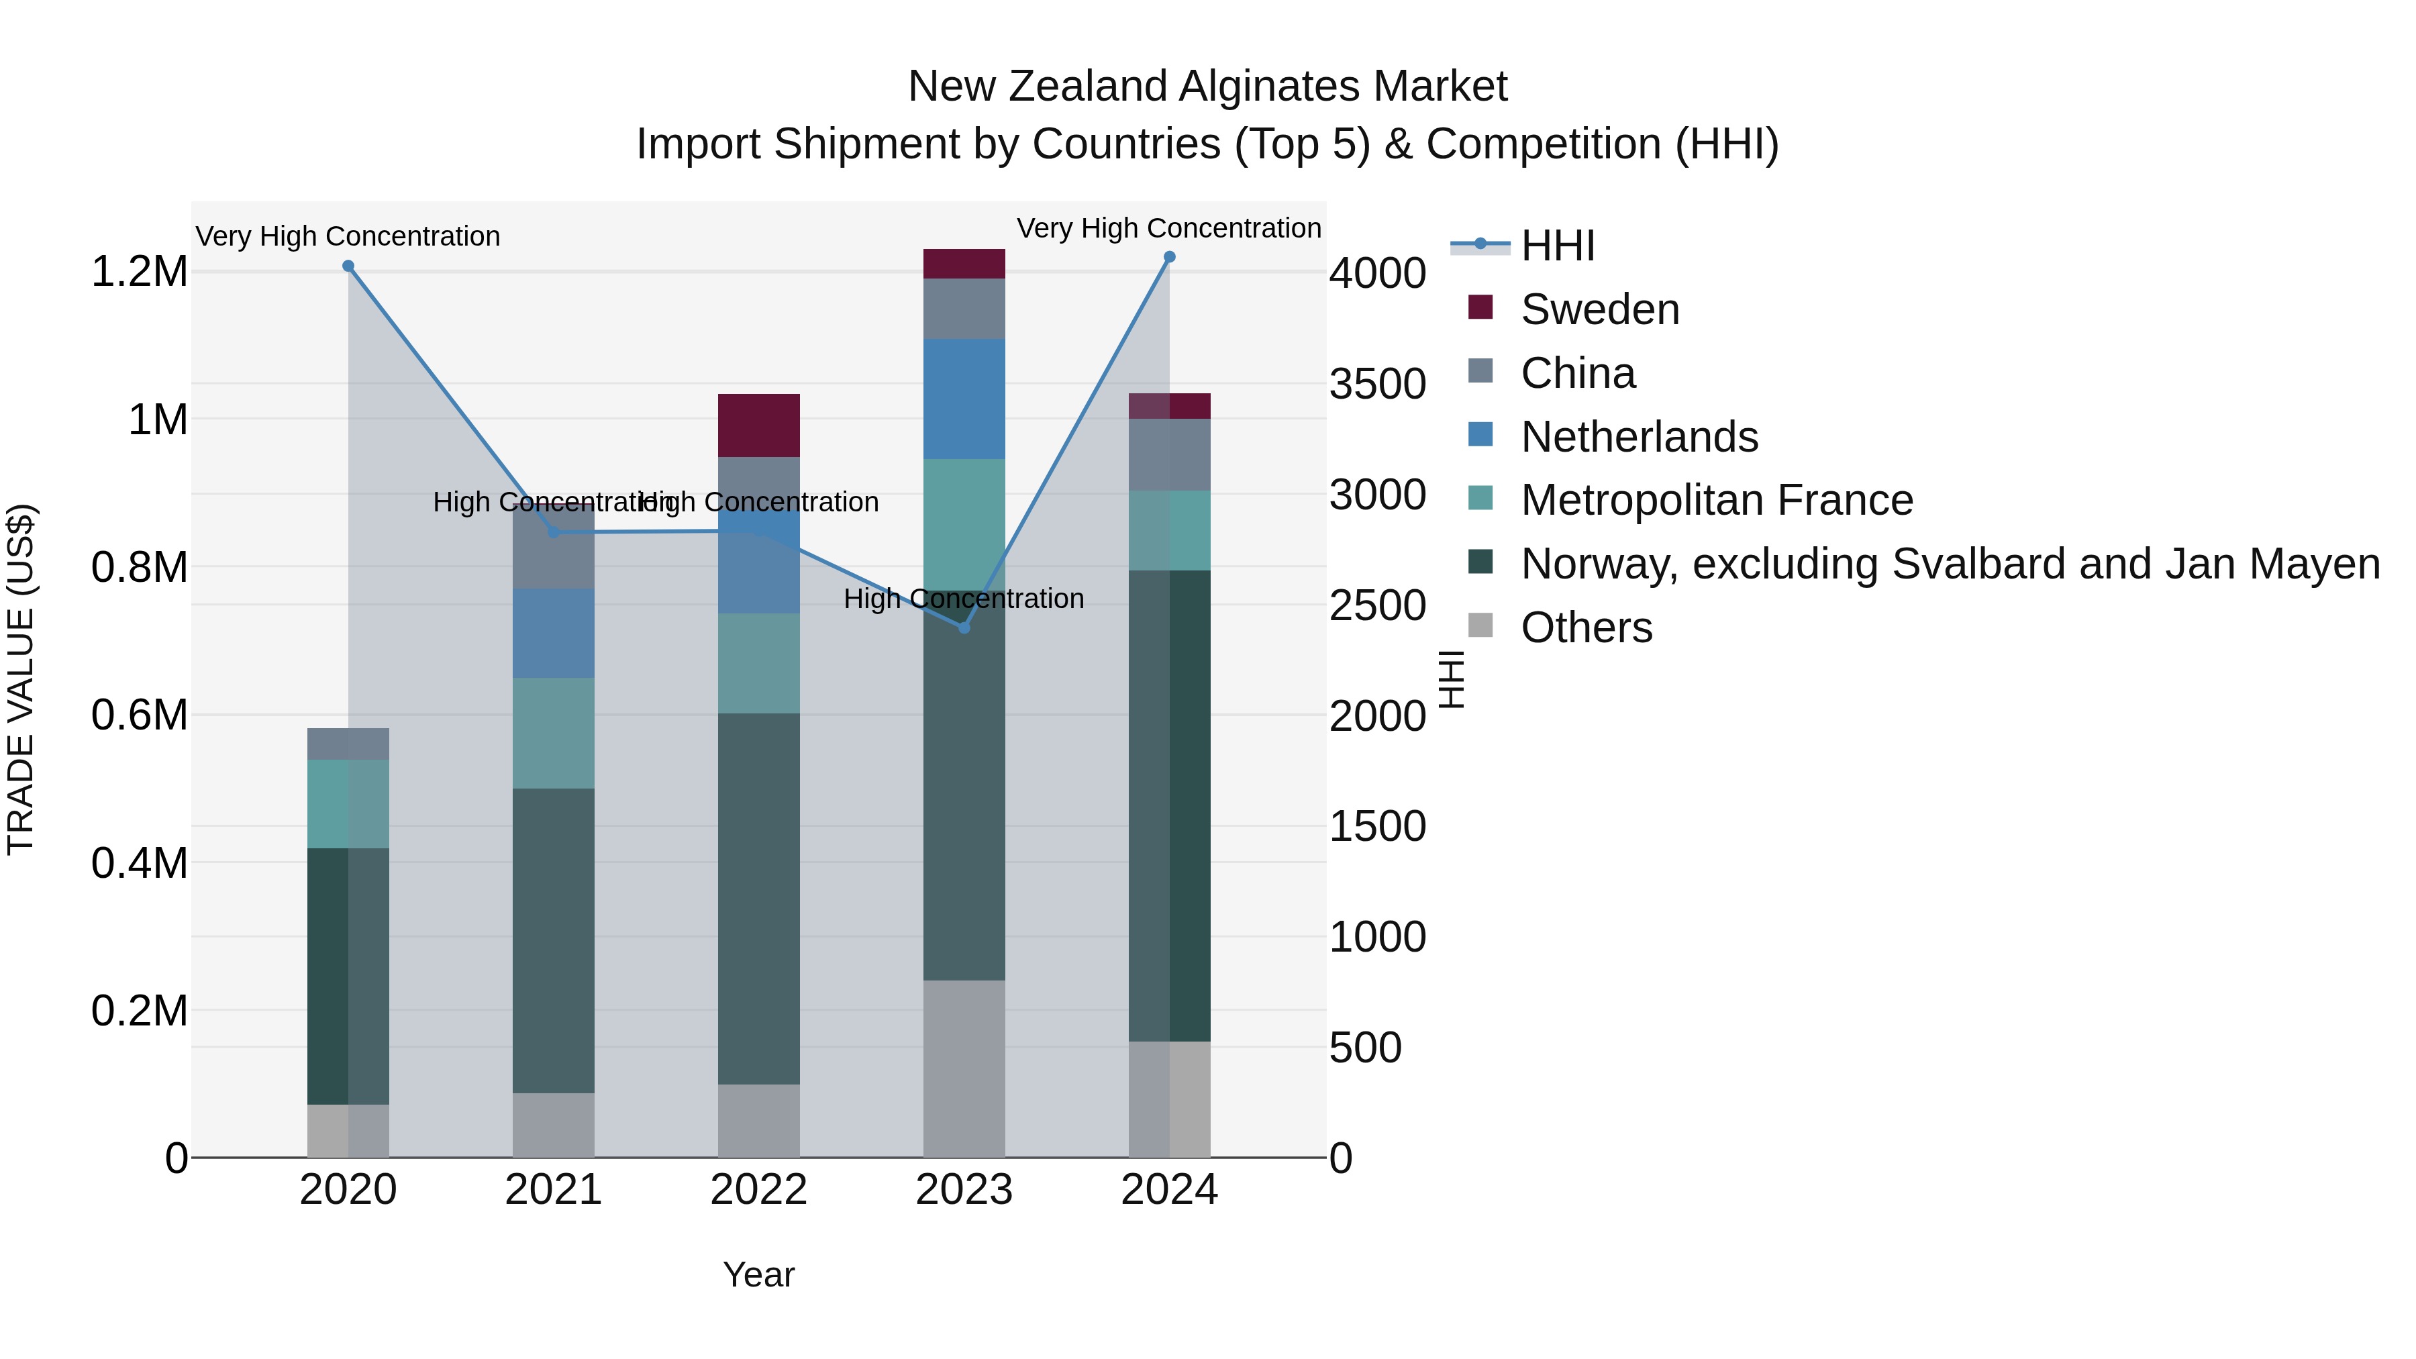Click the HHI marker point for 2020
click(348, 266)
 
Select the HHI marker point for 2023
click(964, 627)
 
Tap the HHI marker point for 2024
click(1170, 257)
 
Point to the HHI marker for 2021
click(554, 533)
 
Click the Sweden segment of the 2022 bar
click(759, 425)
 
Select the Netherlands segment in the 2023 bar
click(964, 399)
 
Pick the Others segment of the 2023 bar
click(964, 1068)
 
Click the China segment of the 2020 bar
click(348, 744)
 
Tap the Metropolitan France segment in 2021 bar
click(554, 732)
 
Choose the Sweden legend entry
click(1599, 309)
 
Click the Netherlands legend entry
click(1638, 437)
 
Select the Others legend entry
click(1586, 627)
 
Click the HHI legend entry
click(1557, 246)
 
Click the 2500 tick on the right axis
click(1377, 605)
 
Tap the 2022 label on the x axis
click(759, 1190)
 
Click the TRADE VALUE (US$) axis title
click(21, 679)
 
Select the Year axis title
click(759, 1274)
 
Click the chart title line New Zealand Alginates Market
click(1207, 87)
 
